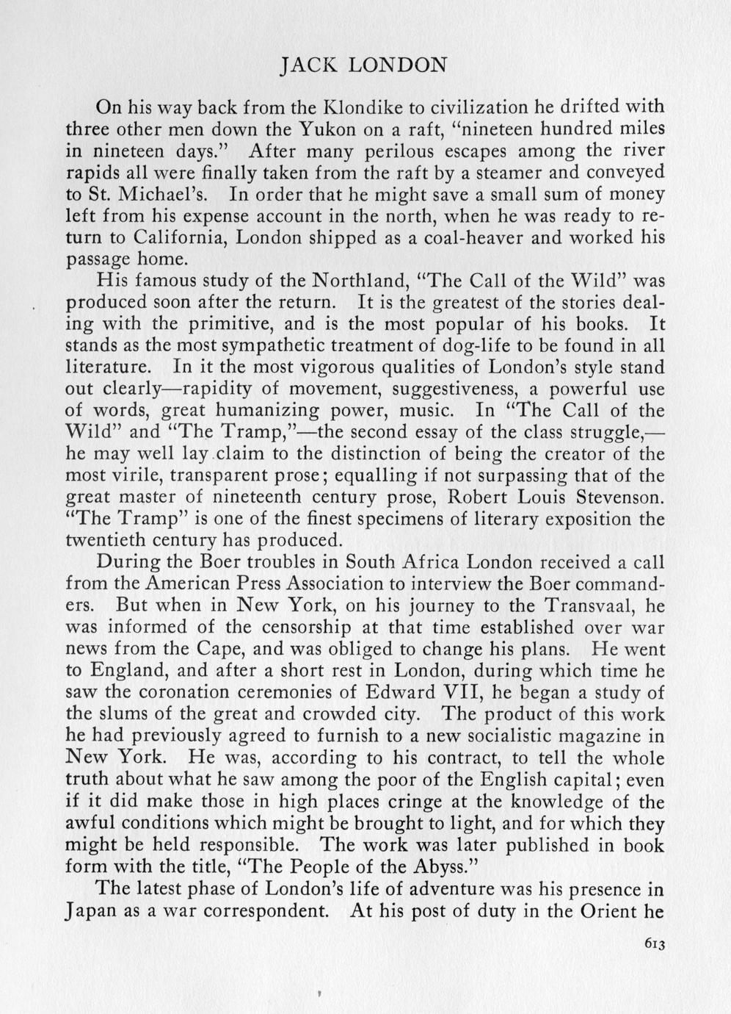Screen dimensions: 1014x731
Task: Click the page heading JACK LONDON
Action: point(364,65)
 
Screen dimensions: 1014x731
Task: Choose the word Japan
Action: point(89,910)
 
